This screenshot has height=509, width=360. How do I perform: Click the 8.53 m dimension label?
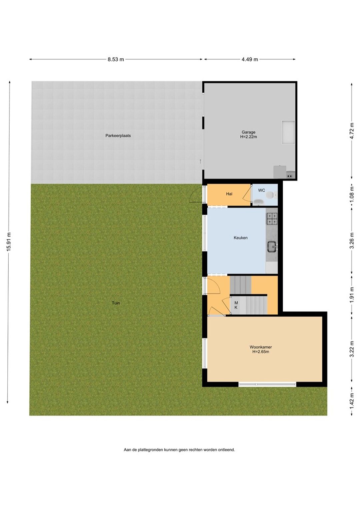116,60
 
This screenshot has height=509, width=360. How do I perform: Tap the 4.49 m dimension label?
250,60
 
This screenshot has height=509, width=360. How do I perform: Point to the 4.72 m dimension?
352,131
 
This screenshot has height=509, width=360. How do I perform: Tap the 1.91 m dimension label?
352,295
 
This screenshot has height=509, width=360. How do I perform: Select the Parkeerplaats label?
118,136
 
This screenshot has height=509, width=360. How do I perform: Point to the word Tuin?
116,303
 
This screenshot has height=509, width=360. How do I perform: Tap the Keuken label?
241,238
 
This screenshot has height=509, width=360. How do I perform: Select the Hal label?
229,194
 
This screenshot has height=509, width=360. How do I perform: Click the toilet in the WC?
270,195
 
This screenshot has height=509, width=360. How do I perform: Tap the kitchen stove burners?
272,219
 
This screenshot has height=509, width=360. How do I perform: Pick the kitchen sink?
272,247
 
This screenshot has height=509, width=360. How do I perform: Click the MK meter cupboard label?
236,305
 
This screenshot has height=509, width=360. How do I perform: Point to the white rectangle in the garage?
288,132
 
